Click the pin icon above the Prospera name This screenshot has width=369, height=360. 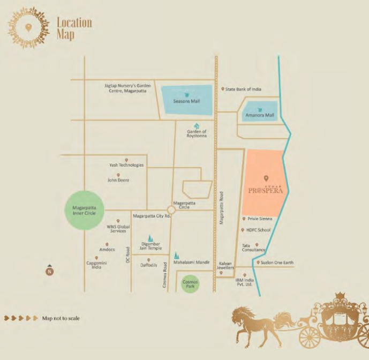(266, 178)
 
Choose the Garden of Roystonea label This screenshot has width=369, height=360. (197, 134)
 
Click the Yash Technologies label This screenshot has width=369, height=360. (126, 165)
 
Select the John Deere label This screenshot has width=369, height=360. (118, 180)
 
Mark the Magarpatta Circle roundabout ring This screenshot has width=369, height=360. (172, 209)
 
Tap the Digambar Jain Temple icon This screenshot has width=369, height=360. (150, 238)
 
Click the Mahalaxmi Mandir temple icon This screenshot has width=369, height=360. (177, 256)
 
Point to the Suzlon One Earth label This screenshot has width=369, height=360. (277, 262)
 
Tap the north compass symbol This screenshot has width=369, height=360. (49, 271)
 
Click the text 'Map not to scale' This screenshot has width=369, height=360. (61, 318)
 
